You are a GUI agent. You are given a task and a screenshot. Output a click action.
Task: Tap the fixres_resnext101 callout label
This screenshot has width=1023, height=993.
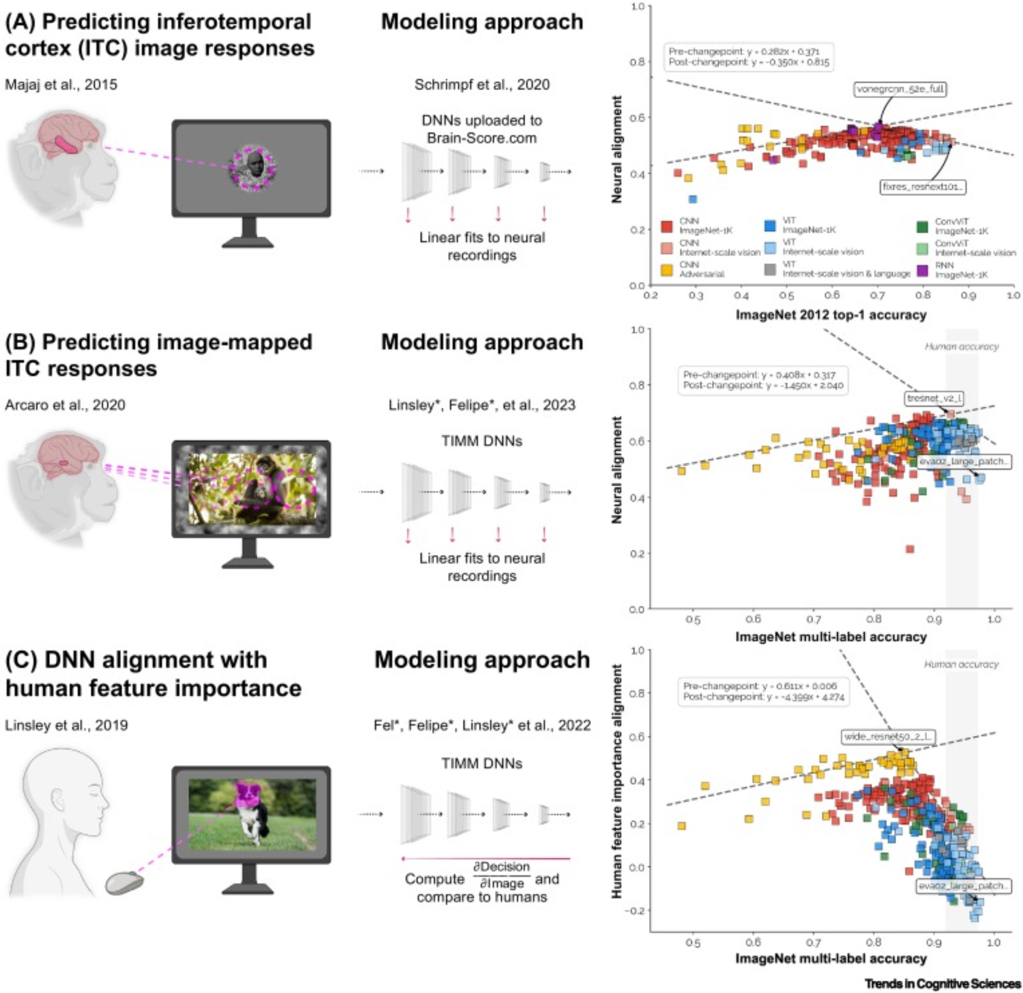tap(923, 186)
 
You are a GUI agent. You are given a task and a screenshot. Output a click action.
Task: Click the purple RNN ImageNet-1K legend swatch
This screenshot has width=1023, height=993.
tap(922, 270)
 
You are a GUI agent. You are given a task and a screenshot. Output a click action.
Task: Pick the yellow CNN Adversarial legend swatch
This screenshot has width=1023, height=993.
tap(666, 270)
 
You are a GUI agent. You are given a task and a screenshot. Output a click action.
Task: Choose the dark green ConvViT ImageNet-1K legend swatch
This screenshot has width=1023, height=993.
tap(922, 227)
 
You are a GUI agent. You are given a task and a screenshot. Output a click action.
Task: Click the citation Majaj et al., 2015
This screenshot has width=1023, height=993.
tap(61, 84)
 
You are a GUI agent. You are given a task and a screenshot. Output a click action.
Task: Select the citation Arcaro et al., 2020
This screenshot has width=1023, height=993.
tap(65, 405)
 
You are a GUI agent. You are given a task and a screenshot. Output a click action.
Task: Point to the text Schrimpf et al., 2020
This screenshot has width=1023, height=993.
tap(482, 84)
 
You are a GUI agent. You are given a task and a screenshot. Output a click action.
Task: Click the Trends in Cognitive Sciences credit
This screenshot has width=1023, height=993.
tap(943, 983)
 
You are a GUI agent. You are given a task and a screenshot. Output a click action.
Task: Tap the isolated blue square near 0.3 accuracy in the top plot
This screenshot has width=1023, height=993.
tap(693, 199)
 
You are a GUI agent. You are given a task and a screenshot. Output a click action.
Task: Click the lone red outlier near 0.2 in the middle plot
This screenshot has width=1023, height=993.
tap(910, 549)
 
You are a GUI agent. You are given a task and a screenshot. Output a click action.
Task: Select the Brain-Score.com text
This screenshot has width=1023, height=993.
tap(482, 138)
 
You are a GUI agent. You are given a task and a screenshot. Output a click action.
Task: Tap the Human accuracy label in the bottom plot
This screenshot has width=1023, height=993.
tap(962, 664)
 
